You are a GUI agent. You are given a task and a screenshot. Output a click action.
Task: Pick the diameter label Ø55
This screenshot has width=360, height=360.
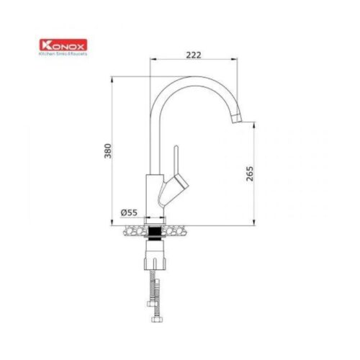[130, 212]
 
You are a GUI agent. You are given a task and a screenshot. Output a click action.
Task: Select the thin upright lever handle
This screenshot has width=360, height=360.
[174, 159]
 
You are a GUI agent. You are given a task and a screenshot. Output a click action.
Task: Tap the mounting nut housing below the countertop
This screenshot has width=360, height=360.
[156, 255]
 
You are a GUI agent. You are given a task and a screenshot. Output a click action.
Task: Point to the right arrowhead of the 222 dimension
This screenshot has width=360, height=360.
[240, 60]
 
